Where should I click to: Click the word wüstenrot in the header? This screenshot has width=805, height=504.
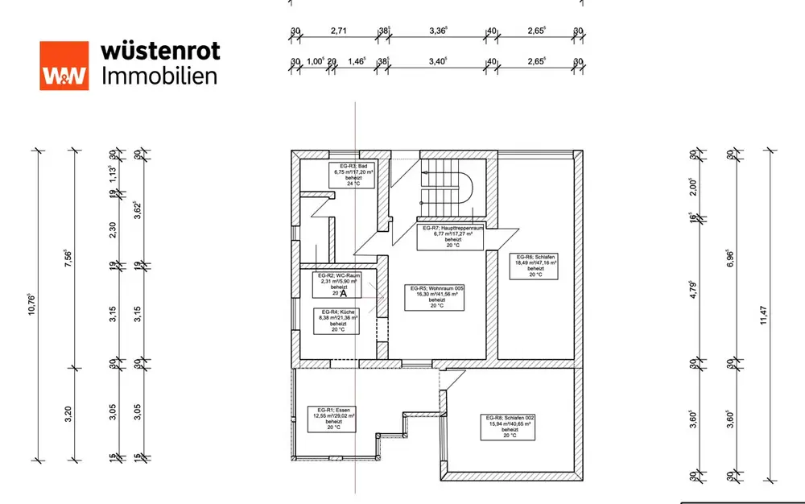coord(160,51)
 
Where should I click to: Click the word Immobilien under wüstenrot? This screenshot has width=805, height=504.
coord(159,76)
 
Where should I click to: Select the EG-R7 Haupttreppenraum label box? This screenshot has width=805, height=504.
coord(453,236)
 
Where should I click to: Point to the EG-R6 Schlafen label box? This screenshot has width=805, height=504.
coord(537,262)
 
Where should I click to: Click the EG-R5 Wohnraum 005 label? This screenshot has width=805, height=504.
coord(437,297)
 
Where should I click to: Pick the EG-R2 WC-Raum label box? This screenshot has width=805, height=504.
coord(336,283)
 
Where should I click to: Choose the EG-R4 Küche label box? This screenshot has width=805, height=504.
coord(336,320)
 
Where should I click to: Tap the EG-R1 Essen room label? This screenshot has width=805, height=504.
coord(334,417)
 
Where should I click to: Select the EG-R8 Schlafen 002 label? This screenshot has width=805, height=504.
coord(510,426)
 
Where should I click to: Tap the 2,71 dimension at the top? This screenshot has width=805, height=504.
coord(338,32)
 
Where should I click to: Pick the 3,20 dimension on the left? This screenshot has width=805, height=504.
coord(68,414)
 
